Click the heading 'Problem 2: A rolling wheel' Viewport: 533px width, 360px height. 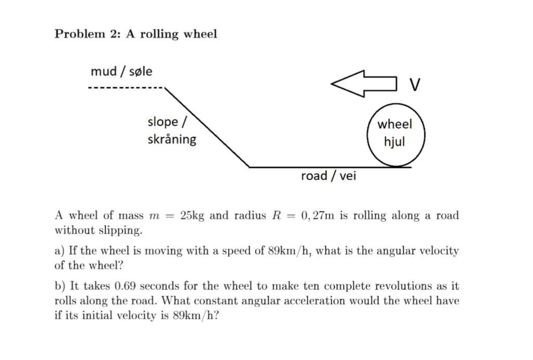(x=136, y=34)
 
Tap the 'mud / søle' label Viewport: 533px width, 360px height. (x=121, y=71)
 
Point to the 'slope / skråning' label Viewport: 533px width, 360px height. (x=172, y=131)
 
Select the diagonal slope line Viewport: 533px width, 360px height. (x=207, y=128)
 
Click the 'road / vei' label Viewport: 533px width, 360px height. (x=328, y=176)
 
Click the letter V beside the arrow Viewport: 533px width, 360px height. (x=414, y=84)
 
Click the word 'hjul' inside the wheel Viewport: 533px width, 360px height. (x=394, y=142)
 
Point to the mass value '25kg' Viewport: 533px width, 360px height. (x=192, y=215)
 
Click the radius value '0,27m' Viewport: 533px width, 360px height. (x=318, y=215)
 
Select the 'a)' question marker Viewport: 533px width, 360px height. (x=60, y=251)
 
